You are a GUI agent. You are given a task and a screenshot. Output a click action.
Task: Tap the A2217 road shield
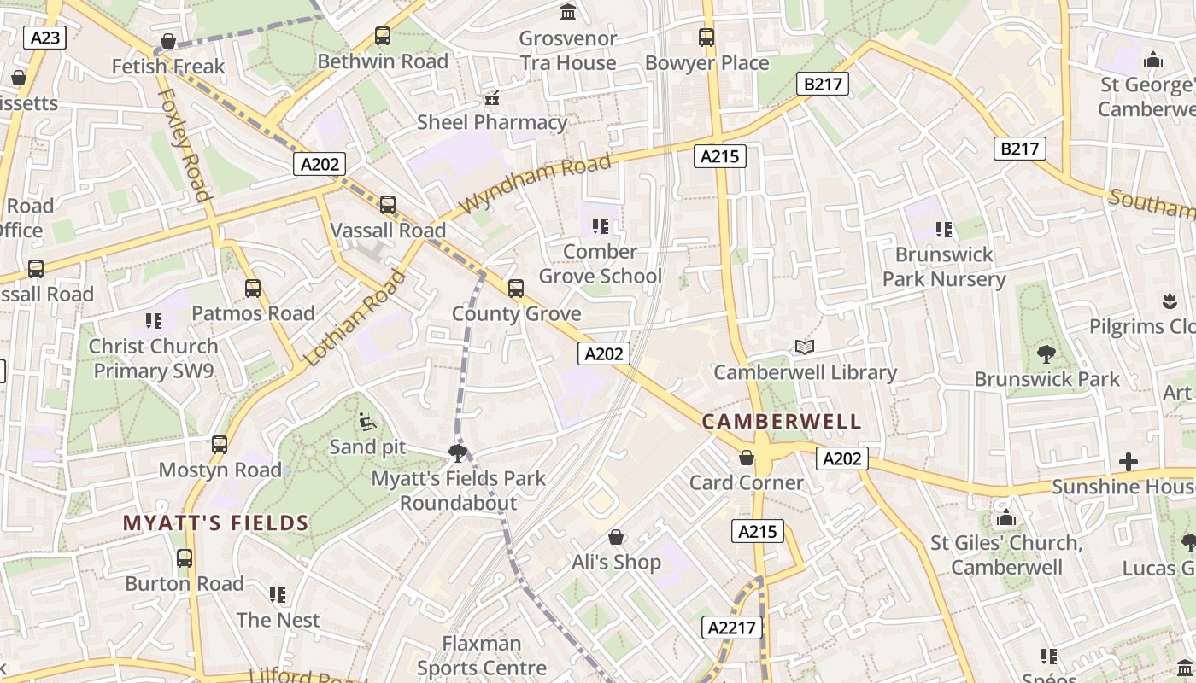point(732,628)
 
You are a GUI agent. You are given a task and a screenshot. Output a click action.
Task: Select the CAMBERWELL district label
point(782,422)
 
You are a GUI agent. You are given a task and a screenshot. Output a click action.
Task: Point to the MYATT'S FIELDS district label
point(215,522)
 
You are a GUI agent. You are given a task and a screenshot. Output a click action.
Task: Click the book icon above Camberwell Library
point(805,347)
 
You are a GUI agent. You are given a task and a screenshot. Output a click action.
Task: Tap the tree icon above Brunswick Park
point(1046,353)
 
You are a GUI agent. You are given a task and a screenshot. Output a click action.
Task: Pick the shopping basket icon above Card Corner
point(747,458)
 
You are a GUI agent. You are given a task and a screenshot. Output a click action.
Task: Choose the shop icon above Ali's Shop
point(616,537)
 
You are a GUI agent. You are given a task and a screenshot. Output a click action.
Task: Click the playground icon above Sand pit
point(367,421)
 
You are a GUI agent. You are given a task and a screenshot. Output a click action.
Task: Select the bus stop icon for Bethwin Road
point(383,36)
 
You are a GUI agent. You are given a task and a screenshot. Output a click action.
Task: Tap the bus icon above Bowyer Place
point(706,38)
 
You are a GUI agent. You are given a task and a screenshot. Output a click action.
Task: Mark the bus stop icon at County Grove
point(516,289)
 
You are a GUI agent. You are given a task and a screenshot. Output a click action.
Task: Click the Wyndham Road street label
point(536,184)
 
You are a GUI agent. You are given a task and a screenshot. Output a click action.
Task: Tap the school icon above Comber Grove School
point(600,226)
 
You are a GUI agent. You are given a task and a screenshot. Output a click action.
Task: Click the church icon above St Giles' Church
point(1006,518)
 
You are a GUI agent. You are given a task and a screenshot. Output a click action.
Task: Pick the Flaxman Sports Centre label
point(482,655)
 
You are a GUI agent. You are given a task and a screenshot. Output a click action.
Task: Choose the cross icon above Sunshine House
point(1129,462)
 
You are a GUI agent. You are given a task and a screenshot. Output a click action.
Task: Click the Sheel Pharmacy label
point(491,122)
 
